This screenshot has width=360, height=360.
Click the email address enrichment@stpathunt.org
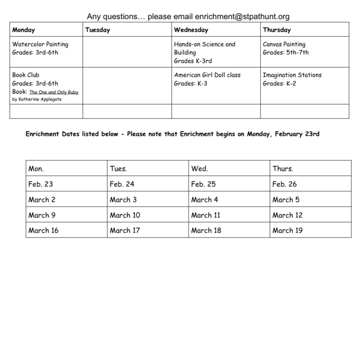tap(242, 16)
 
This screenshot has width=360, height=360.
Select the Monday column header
tap(23, 30)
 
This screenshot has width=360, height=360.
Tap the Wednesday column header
tap(191, 30)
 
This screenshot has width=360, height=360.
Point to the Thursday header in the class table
tap(277, 30)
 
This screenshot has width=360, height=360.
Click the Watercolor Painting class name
tap(40, 44)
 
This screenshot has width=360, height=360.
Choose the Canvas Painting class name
tap(284, 44)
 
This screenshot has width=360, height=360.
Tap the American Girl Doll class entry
tap(207, 75)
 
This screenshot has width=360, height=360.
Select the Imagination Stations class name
tap(292, 75)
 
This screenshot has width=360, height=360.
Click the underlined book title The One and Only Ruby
tap(54, 92)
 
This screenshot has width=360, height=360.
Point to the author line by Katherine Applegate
tap(37, 99)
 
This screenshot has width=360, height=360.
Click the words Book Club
tap(25, 75)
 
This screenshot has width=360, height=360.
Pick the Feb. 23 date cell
tap(40, 184)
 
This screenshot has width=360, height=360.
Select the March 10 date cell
tap(125, 215)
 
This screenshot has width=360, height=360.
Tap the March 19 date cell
tap(287, 230)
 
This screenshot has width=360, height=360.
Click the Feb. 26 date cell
tap(284, 184)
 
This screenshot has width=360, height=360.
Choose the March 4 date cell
tap(204, 199)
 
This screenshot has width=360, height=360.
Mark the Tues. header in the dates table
tap(118, 169)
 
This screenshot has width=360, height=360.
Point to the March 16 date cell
tap(43, 230)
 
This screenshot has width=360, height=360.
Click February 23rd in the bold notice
tap(297, 134)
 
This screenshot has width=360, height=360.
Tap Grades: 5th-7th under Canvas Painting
tap(286, 52)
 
